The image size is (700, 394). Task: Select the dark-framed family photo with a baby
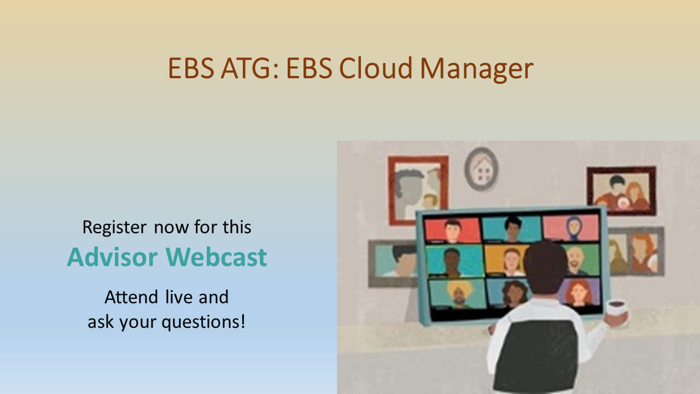[x=621, y=192]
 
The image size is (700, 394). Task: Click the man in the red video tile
[x=452, y=230]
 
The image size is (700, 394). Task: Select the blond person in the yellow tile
[x=511, y=262]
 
